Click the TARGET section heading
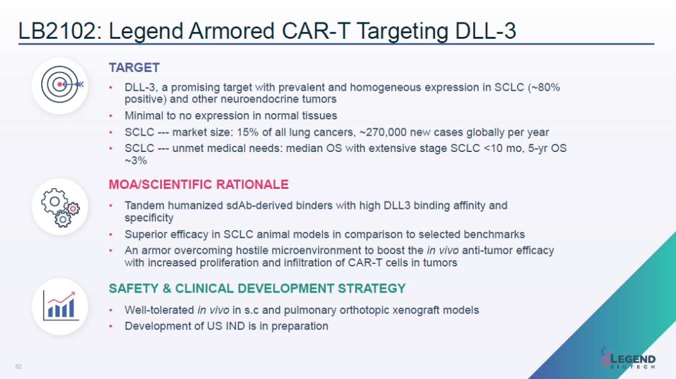point(134,68)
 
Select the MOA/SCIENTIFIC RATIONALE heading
point(198,184)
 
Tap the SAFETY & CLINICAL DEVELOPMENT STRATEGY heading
point(257,288)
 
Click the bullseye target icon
point(61,84)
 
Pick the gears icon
point(61,208)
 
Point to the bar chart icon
point(61,306)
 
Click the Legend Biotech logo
point(628,358)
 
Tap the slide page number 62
point(19,366)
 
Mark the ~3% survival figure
point(136,161)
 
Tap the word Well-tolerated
point(160,310)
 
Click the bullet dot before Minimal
point(111,116)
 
